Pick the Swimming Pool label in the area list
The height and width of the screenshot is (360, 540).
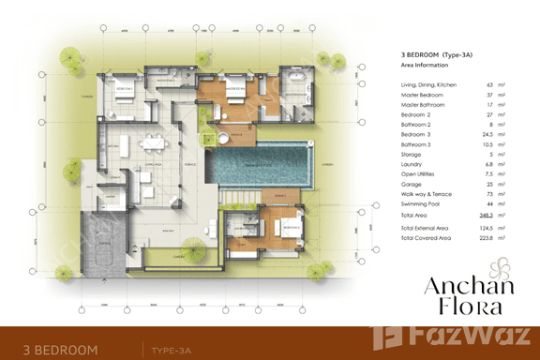point(423,202)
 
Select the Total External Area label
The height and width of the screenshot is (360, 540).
point(429,228)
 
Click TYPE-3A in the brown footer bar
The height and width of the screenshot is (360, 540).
point(174,350)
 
